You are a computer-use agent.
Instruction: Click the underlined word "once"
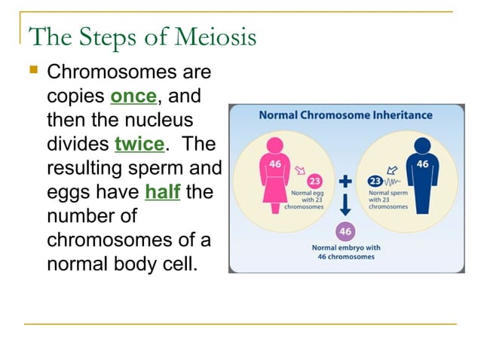click(133, 97)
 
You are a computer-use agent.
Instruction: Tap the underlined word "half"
click(162, 191)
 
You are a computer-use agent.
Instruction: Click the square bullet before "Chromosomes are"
click(32, 72)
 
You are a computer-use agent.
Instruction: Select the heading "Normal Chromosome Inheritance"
click(345, 115)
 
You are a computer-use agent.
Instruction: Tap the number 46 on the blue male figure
click(422, 163)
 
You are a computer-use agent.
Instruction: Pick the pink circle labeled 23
click(315, 181)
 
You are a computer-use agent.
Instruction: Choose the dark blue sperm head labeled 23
click(375, 182)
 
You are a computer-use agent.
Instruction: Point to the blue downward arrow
click(346, 206)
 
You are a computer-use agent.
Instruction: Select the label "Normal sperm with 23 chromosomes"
click(388, 200)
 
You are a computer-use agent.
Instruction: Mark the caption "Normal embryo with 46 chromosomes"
click(346, 252)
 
